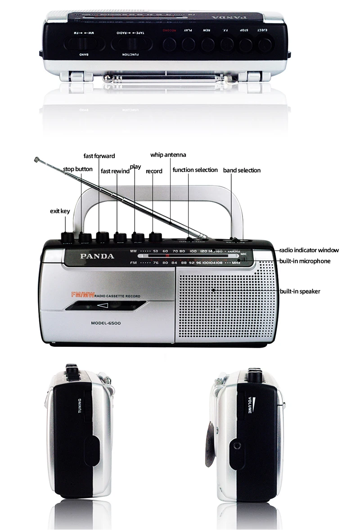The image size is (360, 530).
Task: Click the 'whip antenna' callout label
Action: (168, 155)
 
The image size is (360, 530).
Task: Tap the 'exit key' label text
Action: (59, 211)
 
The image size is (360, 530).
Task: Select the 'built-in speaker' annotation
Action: (300, 291)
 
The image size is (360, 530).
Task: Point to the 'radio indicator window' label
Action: (309, 250)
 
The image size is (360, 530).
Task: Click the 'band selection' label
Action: (242, 170)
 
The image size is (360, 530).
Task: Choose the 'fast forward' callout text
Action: (99, 156)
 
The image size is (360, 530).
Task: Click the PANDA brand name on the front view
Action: (97, 256)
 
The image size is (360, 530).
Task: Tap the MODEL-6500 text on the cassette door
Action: (106, 323)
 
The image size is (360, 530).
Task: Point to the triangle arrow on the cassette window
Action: (103, 306)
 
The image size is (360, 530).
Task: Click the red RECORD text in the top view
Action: (168, 31)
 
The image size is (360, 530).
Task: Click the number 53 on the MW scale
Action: (155, 251)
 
